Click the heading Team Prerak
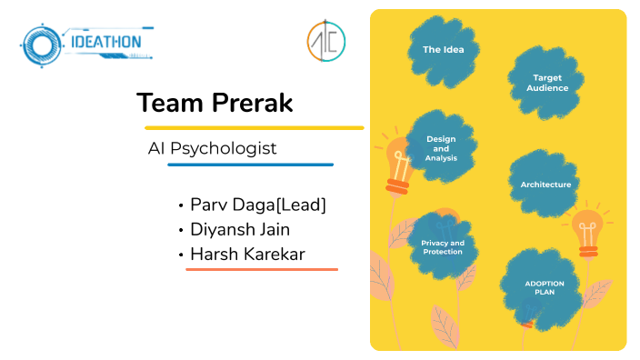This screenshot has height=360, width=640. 215,103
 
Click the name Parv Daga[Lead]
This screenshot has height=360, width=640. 257,205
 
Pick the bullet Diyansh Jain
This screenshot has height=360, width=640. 246,229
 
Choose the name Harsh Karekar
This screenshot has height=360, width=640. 247,254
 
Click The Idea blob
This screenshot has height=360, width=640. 443,50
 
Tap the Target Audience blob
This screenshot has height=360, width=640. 547,84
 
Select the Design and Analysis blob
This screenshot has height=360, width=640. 441,149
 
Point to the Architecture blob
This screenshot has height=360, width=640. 545,185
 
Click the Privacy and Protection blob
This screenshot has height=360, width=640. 442,247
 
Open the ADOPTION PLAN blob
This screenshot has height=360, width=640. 544,288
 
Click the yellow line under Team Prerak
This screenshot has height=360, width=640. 254,127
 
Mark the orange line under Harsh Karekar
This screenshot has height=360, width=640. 262,269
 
